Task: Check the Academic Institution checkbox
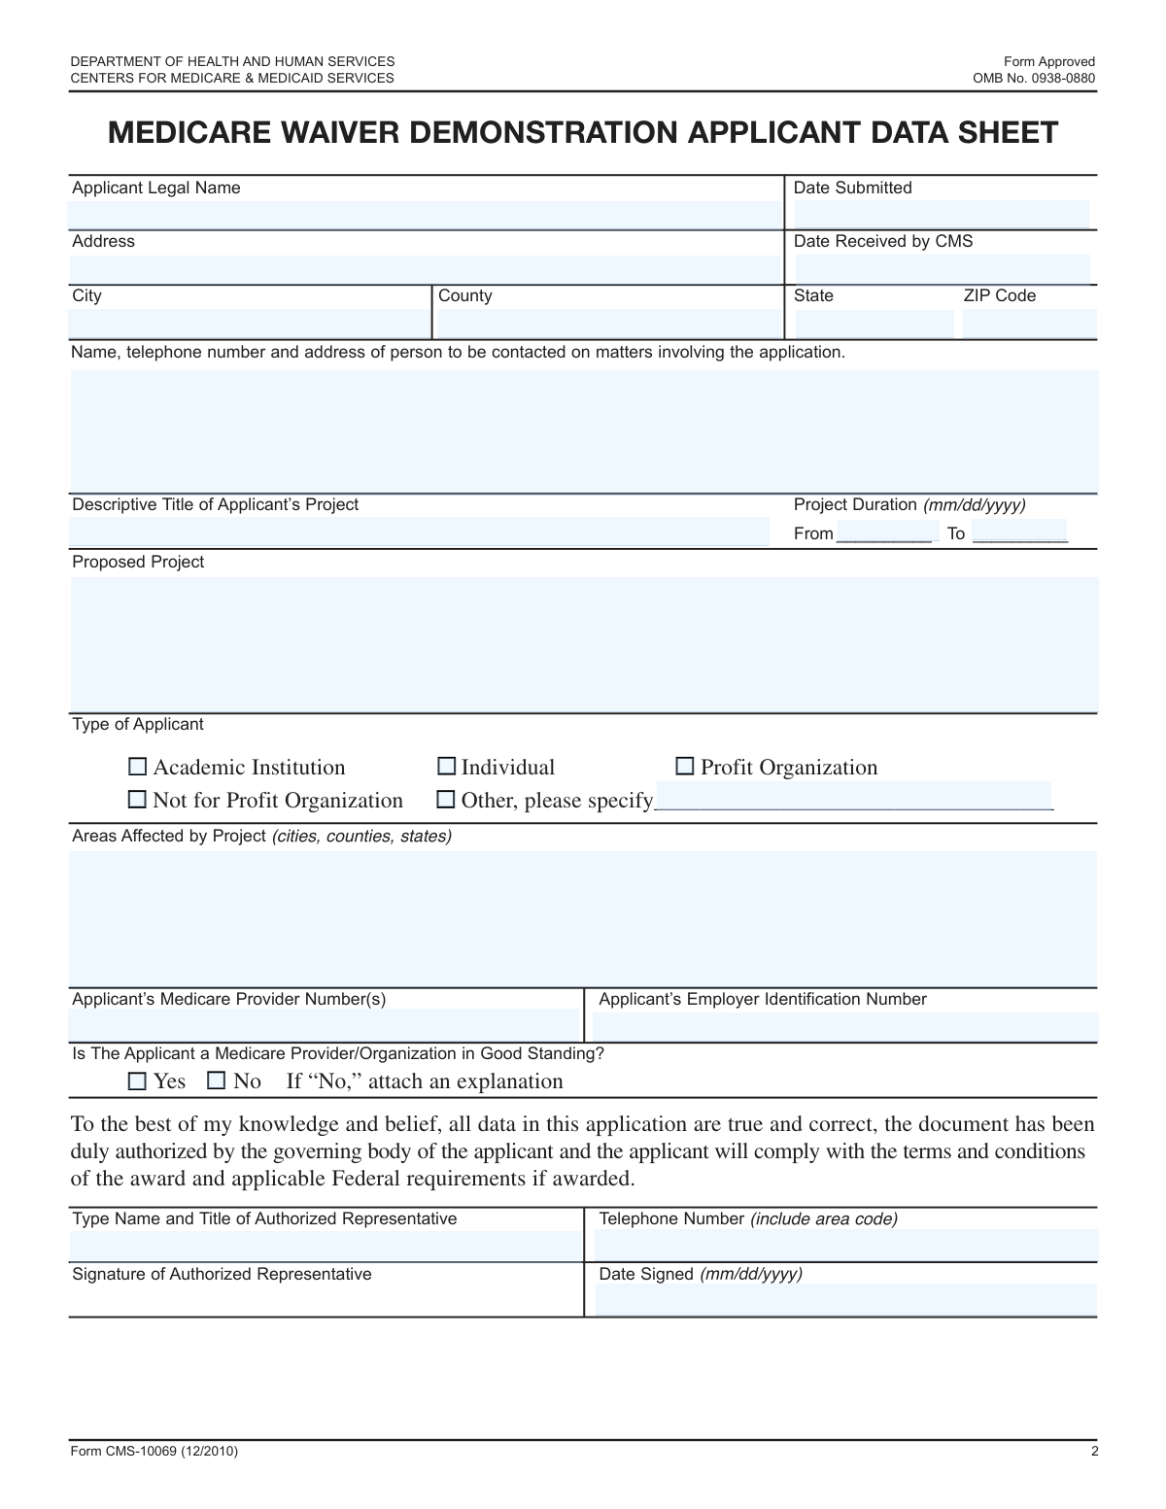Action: [138, 767]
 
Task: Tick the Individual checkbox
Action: [446, 767]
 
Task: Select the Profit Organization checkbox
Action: [685, 767]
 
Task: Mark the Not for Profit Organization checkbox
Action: [138, 800]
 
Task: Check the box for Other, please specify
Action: [446, 800]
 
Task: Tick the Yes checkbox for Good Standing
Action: [138, 1080]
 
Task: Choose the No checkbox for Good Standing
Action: [217, 1080]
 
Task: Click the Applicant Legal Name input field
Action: [426, 215]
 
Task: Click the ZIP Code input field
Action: [1029, 324]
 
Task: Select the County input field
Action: [609, 324]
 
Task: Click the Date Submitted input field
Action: [941, 215]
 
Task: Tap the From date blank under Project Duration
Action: [884, 532]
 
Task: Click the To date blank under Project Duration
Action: [1019, 532]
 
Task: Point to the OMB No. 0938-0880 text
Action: [1034, 78]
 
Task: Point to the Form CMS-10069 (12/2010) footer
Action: [154, 1452]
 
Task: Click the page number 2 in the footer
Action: [1094, 1452]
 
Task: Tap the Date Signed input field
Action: [845, 1299]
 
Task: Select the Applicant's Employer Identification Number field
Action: [845, 1026]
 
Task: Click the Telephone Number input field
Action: [845, 1245]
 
